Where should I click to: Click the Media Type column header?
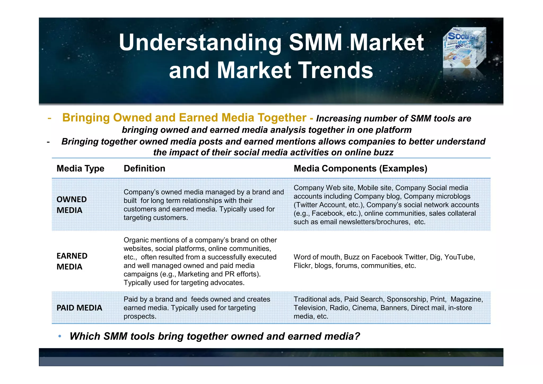[x=80, y=169]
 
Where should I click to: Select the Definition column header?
[x=144, y=169]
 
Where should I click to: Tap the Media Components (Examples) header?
[x=360, y=169]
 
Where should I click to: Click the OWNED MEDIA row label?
[x=72, y=205]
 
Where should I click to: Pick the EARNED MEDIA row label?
[x=72, y=261]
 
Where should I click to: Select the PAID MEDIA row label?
[x=79, y=308]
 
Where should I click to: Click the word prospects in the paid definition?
[x=139, y=316]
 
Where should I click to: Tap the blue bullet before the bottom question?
[x=60, y=337]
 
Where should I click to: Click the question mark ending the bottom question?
[x=357, y=336]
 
